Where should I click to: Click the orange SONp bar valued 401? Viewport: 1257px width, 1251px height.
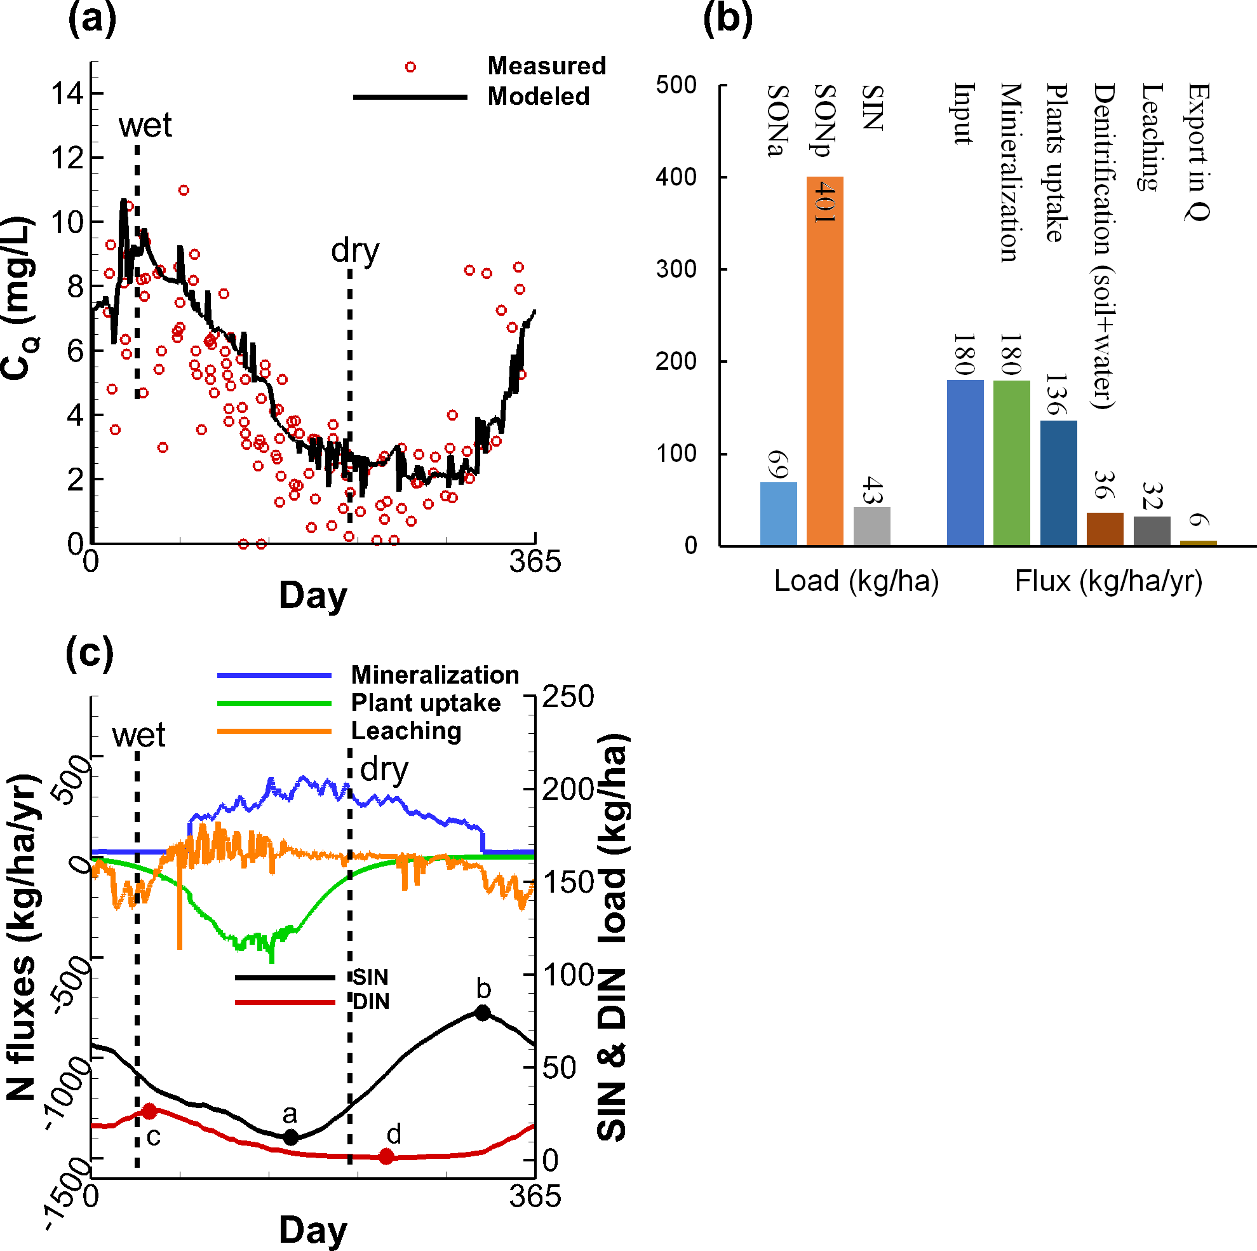(824, 361)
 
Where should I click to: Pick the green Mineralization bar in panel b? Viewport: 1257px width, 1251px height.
(1011, 462)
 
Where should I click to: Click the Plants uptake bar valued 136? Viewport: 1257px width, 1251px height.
(1058, 482)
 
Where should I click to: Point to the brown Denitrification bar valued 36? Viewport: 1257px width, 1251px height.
(1104, 529)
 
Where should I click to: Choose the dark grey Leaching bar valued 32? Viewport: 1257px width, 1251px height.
(1151, 531)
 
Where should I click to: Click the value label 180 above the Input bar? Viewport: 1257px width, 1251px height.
(964, 354)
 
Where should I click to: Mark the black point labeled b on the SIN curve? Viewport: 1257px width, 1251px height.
(482, 1012)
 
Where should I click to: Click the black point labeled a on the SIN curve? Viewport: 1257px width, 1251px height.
(291, 1138)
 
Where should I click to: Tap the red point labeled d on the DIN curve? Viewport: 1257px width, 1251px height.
(386, 1156)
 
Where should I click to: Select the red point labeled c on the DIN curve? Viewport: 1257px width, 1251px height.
(149, 1111)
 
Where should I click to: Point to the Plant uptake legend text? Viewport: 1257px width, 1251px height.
(426, 702)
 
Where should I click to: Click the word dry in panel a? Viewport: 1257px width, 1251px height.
(354, 250)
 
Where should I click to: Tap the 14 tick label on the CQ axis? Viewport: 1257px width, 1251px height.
(68, 94)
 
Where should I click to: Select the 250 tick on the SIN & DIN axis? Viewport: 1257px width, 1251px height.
(568, 696)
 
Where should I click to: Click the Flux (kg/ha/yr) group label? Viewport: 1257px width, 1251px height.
(1108, 581)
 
